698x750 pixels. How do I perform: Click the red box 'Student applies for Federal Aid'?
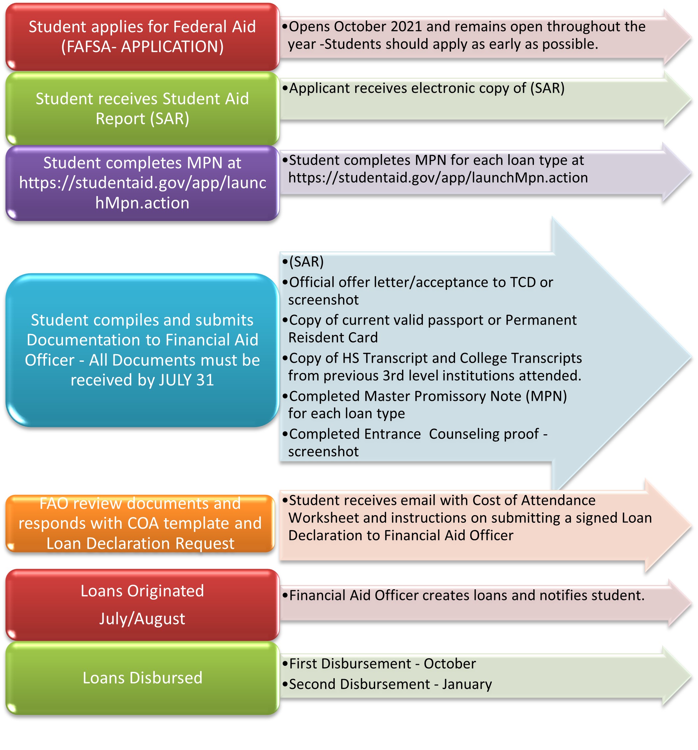click(142, 36)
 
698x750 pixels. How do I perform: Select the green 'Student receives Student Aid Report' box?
click(142, 108)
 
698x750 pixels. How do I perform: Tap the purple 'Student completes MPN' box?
click(142, 183)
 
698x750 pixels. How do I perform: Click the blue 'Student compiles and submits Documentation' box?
click(142, 350)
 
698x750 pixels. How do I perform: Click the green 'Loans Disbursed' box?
click(142, 677)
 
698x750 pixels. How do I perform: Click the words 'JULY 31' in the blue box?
click(186, 380)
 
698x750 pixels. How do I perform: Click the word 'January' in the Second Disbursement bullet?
click(467, 684)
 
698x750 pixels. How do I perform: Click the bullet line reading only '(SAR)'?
click(306, 261)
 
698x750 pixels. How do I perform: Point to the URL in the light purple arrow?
click(437, 178)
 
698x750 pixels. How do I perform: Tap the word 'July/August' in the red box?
click(142, 619)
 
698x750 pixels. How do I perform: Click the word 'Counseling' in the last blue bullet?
click(484, 434)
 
